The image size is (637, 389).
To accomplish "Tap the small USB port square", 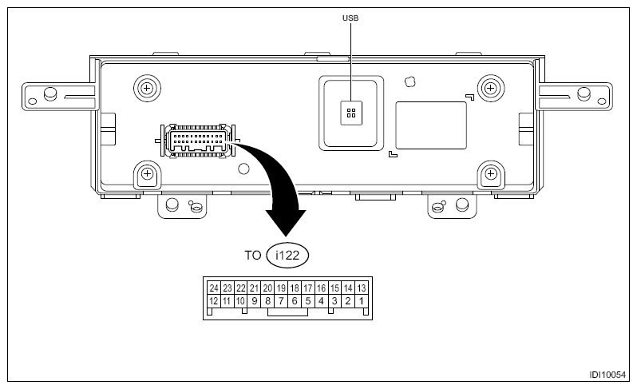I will (x=350, y=113).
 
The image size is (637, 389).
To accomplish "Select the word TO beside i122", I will (x=252, y=255).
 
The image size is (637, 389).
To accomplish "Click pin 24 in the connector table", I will (x=214, y=288).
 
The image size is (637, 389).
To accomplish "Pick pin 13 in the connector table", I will (x=361, y=288).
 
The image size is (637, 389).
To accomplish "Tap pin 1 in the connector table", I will (x=361, y=301).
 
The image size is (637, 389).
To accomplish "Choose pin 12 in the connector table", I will (x=214, y=301).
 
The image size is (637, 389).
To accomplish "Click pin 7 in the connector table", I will (x=281, y=301).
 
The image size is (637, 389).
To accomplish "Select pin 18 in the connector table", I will (x=295, y=288).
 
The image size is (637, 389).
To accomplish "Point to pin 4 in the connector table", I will (x=321, y=301).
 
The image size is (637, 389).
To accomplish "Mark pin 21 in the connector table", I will (x=254, y=288).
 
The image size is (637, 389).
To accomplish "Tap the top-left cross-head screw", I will (x=147, y=86).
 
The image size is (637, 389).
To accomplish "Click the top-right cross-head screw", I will (x=490, y=86).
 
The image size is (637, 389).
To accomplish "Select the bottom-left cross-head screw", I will (x=147, y=173).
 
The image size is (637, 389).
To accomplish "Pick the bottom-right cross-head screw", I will (x=490, y=173).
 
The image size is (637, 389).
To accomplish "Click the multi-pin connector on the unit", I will (x=196, y=141).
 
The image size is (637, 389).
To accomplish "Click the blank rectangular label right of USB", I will (x=432, y=124).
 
